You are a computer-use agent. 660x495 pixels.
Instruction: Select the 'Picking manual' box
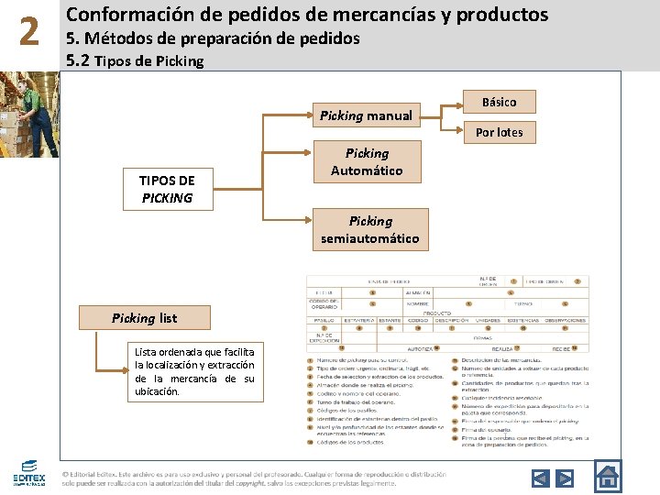(366, 115)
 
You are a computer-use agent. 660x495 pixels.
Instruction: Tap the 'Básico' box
(499, 102)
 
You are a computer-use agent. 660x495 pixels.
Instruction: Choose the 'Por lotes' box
(499, 132)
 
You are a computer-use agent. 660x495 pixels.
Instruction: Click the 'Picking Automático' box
(367, 162)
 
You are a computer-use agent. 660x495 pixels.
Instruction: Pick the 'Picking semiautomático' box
(369, 229)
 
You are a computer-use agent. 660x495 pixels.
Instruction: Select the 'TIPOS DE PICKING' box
(167, 189)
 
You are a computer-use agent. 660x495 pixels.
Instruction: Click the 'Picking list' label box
(145, 318)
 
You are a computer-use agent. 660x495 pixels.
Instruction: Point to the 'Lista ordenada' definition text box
(194, 371)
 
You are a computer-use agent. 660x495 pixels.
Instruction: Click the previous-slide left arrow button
(541, 478)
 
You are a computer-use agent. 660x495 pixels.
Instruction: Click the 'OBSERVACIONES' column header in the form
(565, 321)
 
